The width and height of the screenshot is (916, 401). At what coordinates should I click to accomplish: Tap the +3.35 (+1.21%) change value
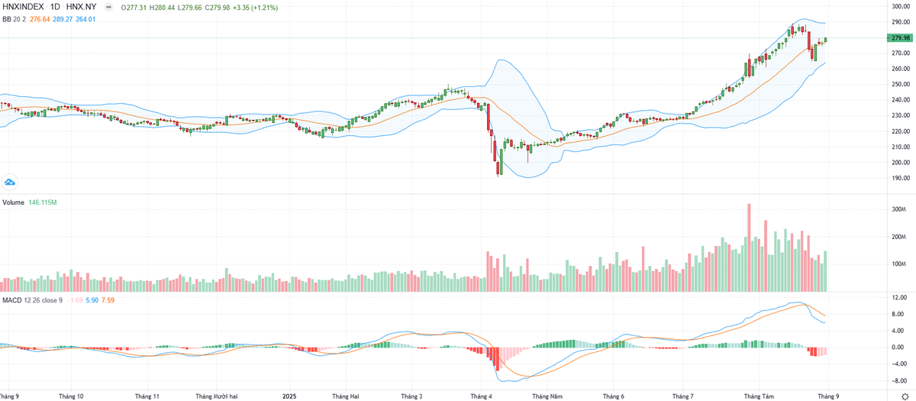point(254,7)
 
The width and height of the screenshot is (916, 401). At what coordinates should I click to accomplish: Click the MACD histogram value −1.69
point(75,300)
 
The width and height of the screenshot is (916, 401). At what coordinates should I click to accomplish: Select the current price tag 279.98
point(900,38)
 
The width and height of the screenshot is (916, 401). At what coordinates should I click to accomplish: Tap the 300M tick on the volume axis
point(898,209)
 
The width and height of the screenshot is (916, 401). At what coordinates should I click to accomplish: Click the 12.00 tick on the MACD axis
point(898,297)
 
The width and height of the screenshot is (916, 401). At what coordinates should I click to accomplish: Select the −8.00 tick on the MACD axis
point(898,380)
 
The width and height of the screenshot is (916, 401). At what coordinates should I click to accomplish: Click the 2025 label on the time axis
point(289,396)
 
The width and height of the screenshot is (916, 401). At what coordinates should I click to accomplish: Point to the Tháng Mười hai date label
point(217,396)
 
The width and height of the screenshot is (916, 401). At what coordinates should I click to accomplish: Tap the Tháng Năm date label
point(547,396)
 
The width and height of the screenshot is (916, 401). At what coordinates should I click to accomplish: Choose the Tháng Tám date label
point(759,396)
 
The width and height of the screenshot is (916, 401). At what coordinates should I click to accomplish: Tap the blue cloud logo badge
point(10,182)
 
